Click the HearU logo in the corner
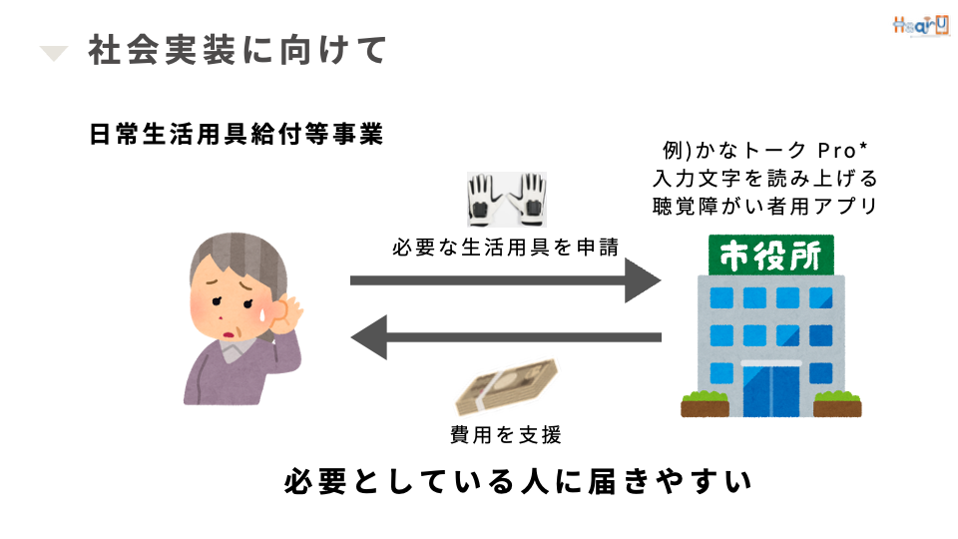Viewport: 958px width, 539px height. [x=921, y=26]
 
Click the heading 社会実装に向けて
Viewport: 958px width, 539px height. [x=238, y=50]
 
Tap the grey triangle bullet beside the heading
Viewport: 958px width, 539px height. [x=53, y=53]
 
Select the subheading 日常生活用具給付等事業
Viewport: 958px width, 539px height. [x=237, y=134]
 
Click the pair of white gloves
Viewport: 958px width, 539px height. [x=507, y=200]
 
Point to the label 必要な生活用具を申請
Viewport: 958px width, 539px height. [x=506, y=247]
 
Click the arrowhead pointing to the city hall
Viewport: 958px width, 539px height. [x=642, y=280]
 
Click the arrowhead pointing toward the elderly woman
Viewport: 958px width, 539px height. [x=369, y=337]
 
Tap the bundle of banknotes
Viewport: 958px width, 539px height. [x=507, y=385]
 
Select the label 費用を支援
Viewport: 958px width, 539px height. [x=506, y=434]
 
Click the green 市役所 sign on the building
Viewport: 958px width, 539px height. [x=771, y=255]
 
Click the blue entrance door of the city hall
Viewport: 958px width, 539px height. [x=771, y=391]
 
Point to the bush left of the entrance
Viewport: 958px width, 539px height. [x=706, y=403]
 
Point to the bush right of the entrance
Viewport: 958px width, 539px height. [x=837, y=403]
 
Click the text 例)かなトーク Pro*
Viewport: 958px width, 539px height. [x=765, y=150]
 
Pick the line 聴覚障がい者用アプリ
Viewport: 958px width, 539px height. [x=765, y=206]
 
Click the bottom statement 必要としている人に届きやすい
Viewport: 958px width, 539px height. [x=518, y=481]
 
